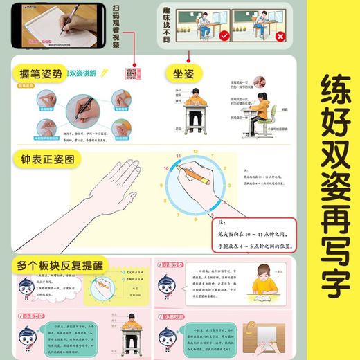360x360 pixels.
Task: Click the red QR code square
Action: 129,74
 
